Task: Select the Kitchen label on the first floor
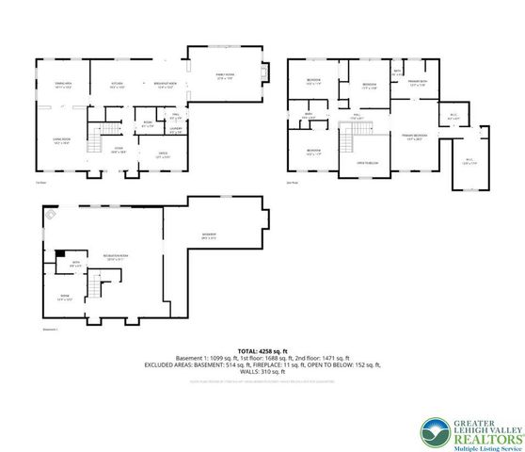click(x=118, y=85)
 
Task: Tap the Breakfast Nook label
click(x=167, y=85)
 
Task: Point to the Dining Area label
click(x=65, y=85)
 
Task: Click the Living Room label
click(x=63, y=140)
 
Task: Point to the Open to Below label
click(x=367, y=163)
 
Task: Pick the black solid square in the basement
click(x=60, y=252)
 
